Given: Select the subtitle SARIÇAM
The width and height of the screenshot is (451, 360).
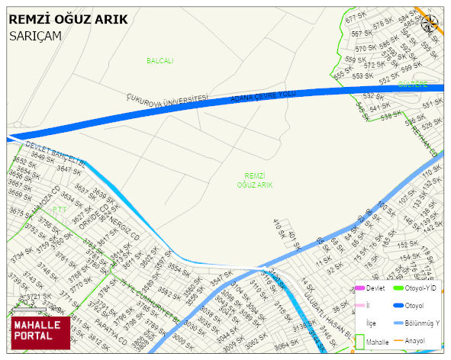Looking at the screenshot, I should pyautogui.click(x=35, y=36).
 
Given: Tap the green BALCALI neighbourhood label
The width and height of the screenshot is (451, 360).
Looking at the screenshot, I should pyautogui.click(x=160, y=60).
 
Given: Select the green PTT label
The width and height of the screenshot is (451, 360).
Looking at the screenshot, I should pyautogui.click(x=60, y=208).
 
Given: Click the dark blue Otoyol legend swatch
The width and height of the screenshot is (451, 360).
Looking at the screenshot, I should pyautogui.click(x=398, y=306).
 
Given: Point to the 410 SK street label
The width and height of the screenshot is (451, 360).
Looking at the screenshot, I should pyautogui.click(x=279, y=227).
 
